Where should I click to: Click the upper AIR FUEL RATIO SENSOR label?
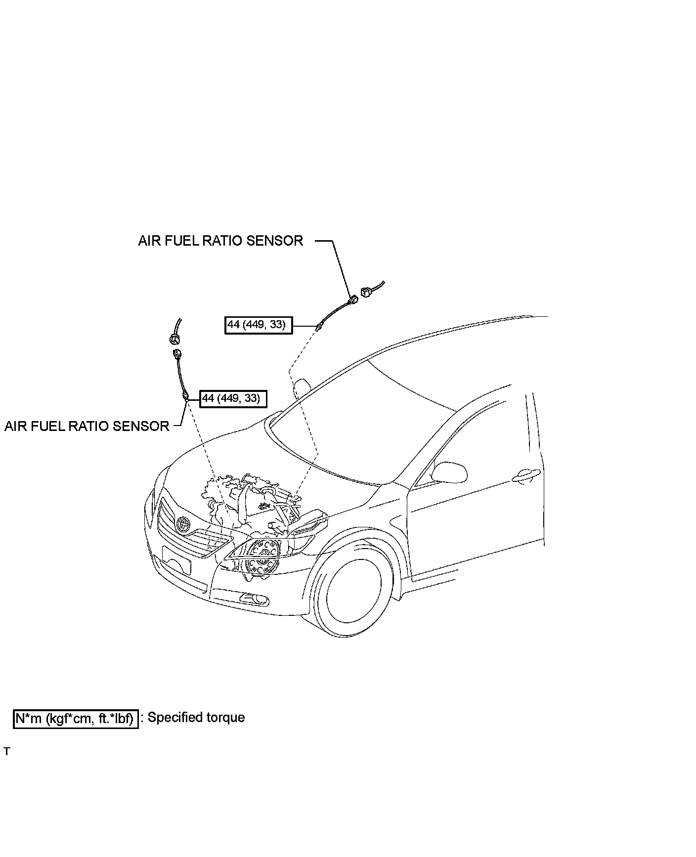(220, 241)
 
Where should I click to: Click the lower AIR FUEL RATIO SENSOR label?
(87, 426)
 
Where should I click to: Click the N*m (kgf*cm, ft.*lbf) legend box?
(75, 719)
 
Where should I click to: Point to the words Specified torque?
(196, 717)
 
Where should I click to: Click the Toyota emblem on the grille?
(184, 523)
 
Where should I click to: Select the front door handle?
(525, 475)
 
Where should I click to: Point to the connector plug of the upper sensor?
(353, 300)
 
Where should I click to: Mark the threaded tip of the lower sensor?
(185, 396)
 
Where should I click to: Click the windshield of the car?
(366, 420)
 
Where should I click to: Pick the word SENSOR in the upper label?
(274, 241)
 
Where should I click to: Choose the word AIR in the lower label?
(16, 426)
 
